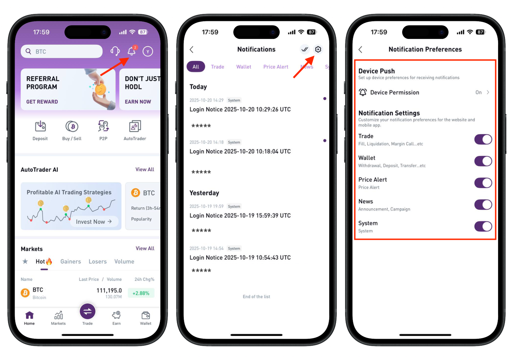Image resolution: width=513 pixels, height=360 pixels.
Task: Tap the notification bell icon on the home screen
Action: [132, 51]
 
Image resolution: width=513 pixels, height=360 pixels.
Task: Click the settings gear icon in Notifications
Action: [318, 49]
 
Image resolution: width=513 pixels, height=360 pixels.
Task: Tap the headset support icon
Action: [115, 51]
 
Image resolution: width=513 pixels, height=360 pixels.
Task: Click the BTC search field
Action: [61, 52]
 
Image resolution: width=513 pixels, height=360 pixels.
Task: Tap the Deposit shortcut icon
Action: [40, 126]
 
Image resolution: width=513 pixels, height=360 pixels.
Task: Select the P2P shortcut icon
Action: [103, 126]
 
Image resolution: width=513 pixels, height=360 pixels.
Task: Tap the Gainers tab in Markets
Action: [71, 261]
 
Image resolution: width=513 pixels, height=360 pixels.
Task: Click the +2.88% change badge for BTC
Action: [141, 293]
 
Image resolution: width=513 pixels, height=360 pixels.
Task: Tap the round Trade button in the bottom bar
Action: [87, 311]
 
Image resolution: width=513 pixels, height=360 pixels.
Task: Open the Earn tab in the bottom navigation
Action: [116, 318]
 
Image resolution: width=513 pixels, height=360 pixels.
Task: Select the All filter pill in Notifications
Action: [196, 67]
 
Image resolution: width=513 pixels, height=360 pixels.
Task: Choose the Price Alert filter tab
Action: [276, 67]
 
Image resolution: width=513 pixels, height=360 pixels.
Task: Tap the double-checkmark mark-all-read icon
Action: [305, 49]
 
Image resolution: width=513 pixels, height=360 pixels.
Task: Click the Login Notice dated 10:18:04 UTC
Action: [240, 151]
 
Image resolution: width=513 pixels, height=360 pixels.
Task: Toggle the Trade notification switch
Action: [483, 139]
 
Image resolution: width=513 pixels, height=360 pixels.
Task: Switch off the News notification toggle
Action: [483, 205]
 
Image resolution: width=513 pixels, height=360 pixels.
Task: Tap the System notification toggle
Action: [483, 226]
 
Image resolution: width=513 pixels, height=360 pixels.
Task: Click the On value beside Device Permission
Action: [479, 92]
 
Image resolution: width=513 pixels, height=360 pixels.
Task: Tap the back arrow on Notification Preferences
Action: [360, 49]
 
